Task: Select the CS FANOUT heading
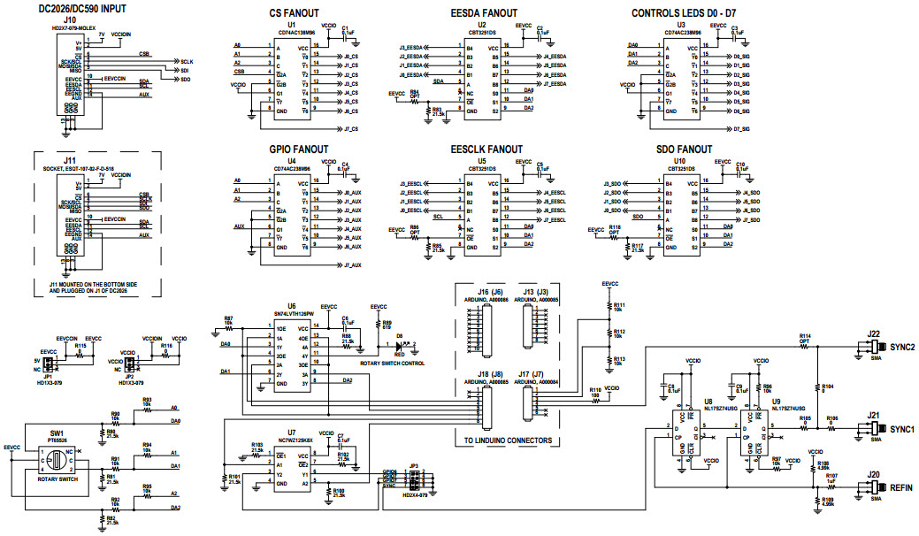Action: (296, 13)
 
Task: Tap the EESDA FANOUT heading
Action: (483, 13)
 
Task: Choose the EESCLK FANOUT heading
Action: (486, 149)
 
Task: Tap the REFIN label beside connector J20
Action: (902, 487)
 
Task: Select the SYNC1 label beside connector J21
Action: (900, 429)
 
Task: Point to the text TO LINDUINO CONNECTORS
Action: (509, 440)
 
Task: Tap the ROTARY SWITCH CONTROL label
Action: (392, 364)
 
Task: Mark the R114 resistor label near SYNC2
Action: (804, 337)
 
